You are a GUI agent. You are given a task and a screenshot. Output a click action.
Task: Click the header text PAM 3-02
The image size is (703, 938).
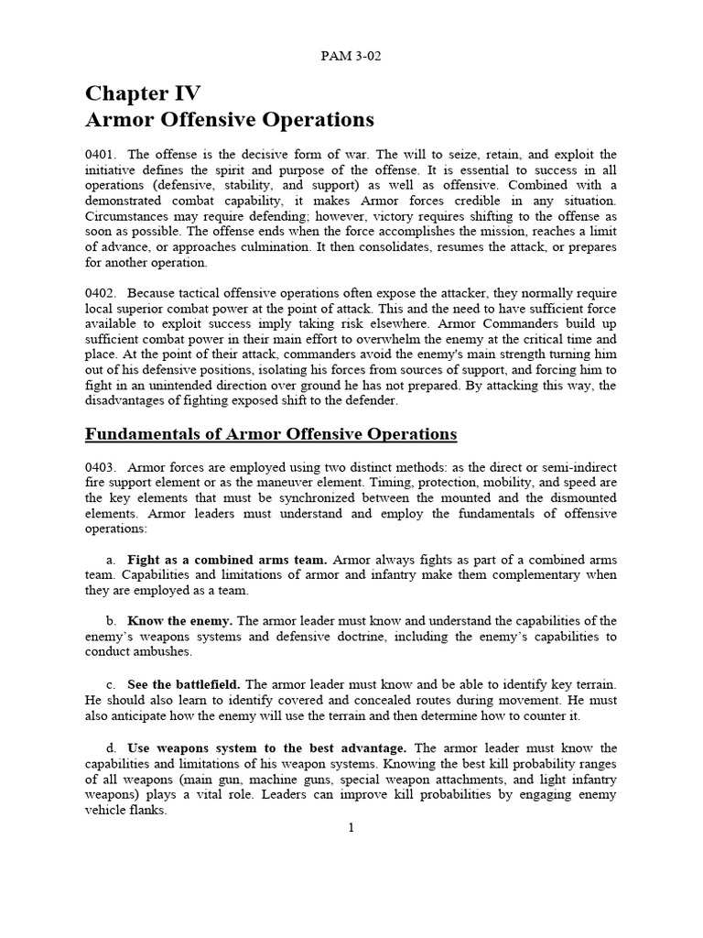pyautogui.click(x=351, y=56)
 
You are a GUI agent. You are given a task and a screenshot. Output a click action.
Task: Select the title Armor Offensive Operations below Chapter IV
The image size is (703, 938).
pyautogui.click(x=230, y=120)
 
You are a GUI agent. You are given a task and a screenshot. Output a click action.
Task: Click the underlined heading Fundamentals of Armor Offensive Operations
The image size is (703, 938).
pyautogui.click(x=271, y=433)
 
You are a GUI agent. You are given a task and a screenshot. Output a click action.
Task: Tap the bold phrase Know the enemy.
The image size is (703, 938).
pyautogui.click(x=180, y=621)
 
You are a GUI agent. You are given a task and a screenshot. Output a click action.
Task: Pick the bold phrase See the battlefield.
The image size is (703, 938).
pyautogui.click(x=184, y=684)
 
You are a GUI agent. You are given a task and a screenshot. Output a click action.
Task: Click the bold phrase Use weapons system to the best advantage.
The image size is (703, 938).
pyautogui.click(x=267, y=747)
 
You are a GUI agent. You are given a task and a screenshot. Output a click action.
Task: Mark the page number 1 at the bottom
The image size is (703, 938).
pyautogui.click(x=351, y=828)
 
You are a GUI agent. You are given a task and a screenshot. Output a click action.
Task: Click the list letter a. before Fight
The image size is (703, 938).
pyautogui.click(x=112, y=560)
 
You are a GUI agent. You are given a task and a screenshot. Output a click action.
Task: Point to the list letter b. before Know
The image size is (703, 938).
pyautogui.click(x=112, y=621)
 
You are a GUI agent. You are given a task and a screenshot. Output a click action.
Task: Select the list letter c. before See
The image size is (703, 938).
pyautogui.click(x=112, y=684)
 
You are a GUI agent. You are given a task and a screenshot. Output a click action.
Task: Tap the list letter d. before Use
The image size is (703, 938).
pyautogui.click(x=112, y=747)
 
